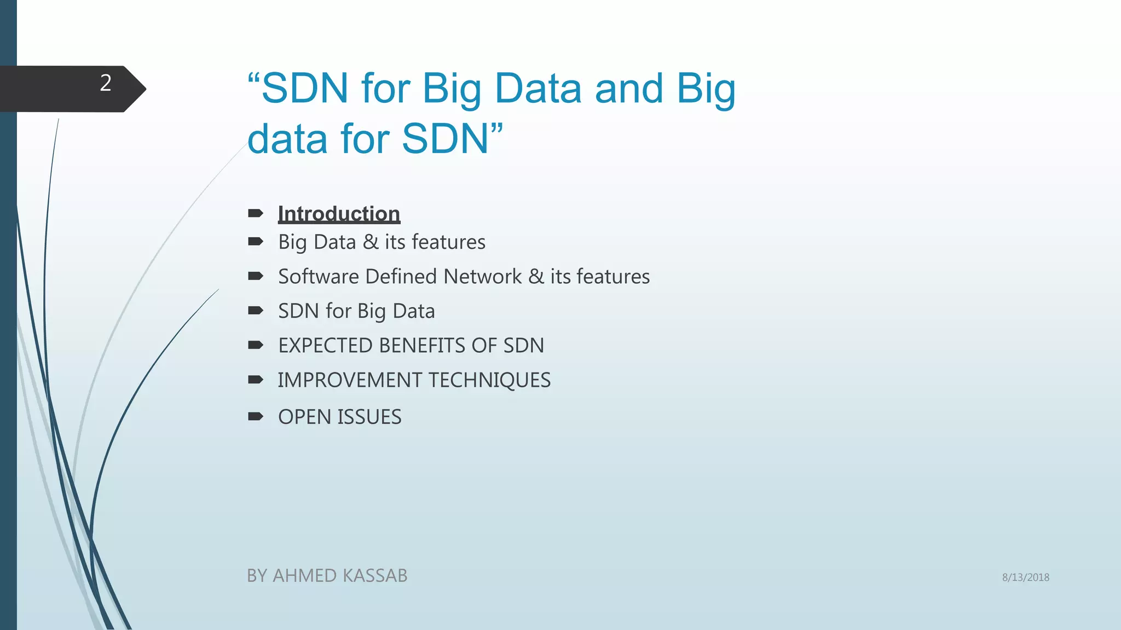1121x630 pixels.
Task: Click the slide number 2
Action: (x=106, y=83)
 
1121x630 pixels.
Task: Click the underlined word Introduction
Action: (x=339, y=214)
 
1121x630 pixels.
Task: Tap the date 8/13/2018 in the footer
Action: (x=1025, y=577)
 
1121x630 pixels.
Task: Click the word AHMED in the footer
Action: (x=304, y=576)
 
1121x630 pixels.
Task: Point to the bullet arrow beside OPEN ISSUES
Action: (x=255, y=417)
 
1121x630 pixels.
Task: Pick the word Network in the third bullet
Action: (x=482, y=277)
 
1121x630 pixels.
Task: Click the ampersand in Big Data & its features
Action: (x=370, y=242)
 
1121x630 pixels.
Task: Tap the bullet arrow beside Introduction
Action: (x=255, y=213)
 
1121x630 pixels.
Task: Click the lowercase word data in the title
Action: (x=287, y=139)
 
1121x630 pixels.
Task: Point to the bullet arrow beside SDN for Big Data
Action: (x=255, y=311)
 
